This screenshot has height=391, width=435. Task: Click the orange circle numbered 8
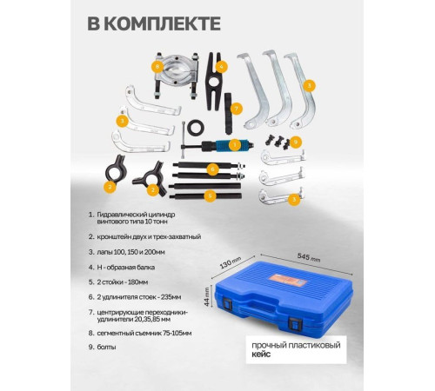157,67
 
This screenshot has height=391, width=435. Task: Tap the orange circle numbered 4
221,67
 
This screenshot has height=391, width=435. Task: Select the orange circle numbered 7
237,109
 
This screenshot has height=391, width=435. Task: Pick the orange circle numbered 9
296,142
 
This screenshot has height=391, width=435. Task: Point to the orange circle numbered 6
212,169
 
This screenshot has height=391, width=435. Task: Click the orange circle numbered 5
211,195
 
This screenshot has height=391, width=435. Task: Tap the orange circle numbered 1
235,145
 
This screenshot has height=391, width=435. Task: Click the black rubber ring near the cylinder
196,128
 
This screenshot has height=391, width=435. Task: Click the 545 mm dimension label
309,257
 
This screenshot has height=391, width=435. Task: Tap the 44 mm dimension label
207,296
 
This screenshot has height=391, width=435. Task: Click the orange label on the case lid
287,280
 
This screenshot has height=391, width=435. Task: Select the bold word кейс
261,354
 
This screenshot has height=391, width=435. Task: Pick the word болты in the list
106,347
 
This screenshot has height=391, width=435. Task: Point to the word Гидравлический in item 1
122,215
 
